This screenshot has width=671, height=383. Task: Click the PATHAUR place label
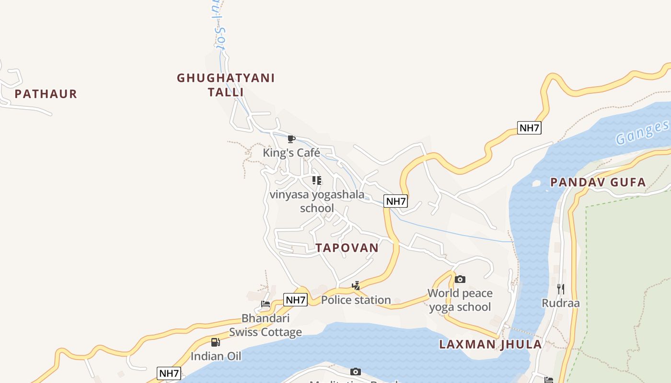(46, 94)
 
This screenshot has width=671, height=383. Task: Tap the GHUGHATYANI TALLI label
(226, 85)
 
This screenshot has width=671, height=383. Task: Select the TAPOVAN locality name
(347, 248)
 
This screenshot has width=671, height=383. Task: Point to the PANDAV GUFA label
(598, 182)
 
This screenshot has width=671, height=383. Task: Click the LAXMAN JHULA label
(490, 344)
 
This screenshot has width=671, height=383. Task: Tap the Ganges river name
(642, 133)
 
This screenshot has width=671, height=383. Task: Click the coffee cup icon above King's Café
(291, 139)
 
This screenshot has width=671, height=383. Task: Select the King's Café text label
(291, 153)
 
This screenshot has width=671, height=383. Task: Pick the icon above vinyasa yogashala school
(316, 180)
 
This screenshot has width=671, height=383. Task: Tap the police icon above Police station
(356, 286)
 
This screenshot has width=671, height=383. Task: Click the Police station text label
(356, 300)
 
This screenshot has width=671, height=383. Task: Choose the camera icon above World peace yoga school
(460, 279)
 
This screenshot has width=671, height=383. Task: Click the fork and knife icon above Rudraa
(561, 289)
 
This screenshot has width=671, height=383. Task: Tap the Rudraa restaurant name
(561, 303)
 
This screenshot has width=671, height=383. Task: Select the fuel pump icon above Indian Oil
(216, 342)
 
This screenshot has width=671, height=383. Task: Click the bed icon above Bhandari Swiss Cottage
(266, 304)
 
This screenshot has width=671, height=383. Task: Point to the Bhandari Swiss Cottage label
(266, 325)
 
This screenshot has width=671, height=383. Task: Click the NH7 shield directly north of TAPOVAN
(396, 201)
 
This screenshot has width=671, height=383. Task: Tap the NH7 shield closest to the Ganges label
(529, 128)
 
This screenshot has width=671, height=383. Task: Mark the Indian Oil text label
(216, 356)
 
